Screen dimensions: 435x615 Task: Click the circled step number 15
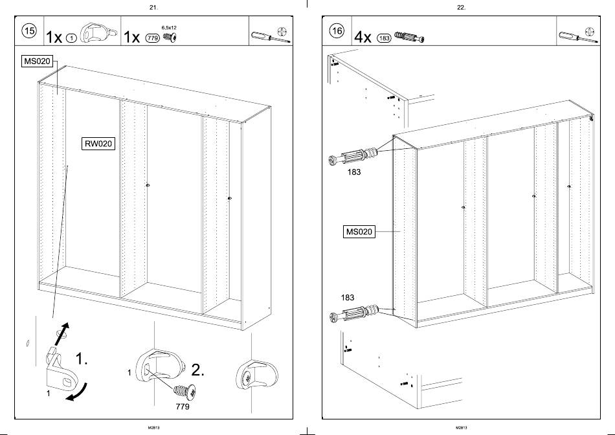point(30,31)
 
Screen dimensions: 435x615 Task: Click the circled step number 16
point(337,31)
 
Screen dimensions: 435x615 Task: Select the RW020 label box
point(98,144)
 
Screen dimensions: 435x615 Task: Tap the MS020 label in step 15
point(37,61)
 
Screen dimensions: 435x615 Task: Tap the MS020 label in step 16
point(359,231)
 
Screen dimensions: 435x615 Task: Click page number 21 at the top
point(153,7)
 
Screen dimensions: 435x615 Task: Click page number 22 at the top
point(461,7)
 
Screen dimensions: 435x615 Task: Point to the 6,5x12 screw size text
point(169,28)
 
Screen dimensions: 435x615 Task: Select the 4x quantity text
point(363,37)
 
